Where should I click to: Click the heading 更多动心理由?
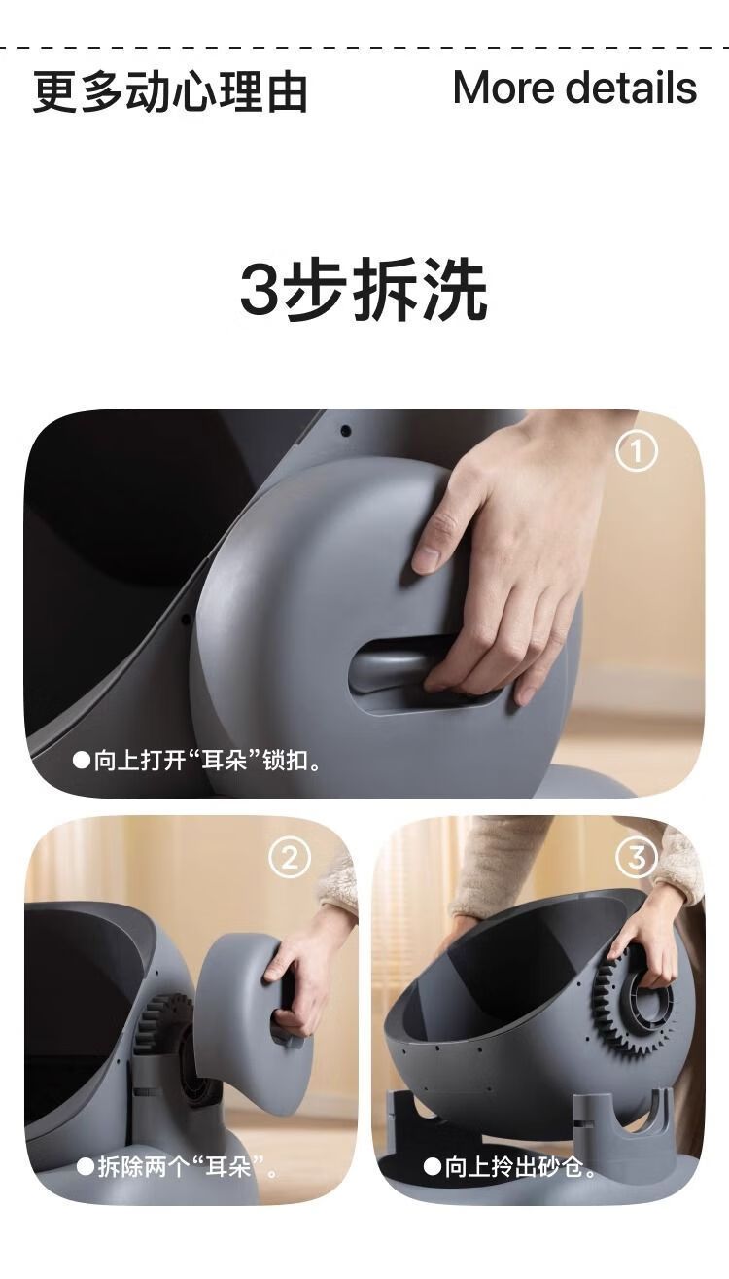tap(170, 91)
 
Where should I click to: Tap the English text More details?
tap(575, 88)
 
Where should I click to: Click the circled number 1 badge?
tap(637, 450)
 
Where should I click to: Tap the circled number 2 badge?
tap(290, 858)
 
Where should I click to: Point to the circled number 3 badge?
tap(637, 857)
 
